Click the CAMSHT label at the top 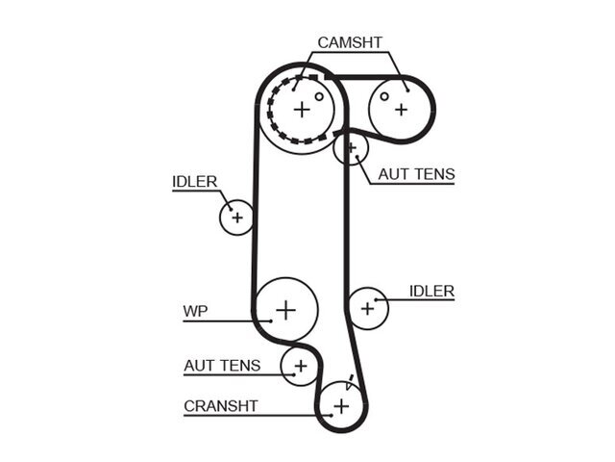tap(350, 42)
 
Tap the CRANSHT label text tap(221, 406)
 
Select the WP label tap(195, 311)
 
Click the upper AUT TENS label tap(416, 174)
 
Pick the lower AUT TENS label tap(222, 366)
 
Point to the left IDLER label tap(194, 182)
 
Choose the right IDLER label tap(431, 291)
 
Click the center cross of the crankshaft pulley tap(341, 406)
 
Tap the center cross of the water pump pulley tap(286, 310)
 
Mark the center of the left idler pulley tap(237, 218)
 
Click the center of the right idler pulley tap(367, 308)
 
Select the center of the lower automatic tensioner tap(301, 366)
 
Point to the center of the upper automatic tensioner tap(352, 147)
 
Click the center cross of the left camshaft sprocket tap(302, 109)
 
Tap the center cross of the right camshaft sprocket tap(401, 110)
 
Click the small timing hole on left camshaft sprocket tap(319, 96)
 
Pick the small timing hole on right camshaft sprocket tap(384, 96)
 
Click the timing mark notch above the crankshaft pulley tap(350, 381)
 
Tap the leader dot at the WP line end tap(271, 321)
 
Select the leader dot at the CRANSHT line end tap(332, 415)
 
